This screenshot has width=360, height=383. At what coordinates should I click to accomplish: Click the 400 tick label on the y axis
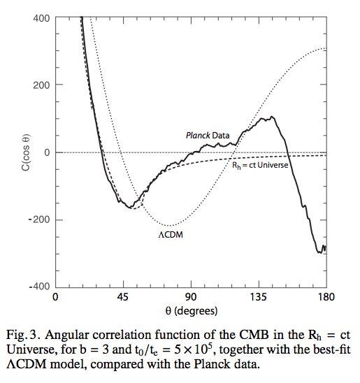(40, 18)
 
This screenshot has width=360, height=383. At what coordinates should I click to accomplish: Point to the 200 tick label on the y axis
(40, 85)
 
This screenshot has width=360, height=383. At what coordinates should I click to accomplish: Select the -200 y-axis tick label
(38, 220)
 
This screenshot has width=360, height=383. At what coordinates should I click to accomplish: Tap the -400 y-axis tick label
(38, 287)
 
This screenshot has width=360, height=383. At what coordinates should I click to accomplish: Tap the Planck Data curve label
(208, 135)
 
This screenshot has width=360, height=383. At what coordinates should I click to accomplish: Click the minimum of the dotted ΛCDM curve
(170, 224)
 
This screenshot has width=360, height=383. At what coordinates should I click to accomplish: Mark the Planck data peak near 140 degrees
(270, 117)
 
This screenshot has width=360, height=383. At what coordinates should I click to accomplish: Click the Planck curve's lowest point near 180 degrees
(320, 252)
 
